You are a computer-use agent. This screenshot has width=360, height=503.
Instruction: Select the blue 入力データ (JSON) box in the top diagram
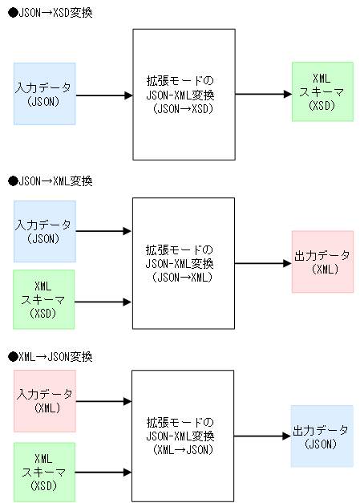44,94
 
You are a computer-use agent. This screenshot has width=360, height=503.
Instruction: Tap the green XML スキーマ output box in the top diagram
322,91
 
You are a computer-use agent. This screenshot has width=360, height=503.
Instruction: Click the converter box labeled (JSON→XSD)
183,95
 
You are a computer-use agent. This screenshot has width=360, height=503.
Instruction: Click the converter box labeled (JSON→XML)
183,262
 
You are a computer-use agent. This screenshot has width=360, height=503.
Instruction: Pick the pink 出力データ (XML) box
322,262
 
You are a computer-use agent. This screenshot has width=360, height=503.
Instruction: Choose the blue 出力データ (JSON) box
322,436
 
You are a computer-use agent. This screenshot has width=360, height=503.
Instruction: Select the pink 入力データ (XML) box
44,400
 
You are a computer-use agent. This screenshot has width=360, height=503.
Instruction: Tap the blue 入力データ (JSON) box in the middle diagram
44,231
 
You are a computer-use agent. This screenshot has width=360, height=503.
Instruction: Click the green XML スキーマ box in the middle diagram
44,299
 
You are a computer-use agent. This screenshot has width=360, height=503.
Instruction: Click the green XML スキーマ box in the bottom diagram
44,473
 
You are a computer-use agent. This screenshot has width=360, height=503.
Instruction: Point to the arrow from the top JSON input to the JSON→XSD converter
103,95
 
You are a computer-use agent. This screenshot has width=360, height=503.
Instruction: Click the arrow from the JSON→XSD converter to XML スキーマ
263,94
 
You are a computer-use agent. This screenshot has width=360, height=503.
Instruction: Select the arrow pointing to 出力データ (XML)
263,262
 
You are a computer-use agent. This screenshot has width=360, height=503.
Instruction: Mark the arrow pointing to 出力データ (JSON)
263,436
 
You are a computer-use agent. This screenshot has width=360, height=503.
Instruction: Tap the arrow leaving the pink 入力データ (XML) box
103,400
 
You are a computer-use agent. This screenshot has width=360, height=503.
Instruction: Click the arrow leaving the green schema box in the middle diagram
103,302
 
